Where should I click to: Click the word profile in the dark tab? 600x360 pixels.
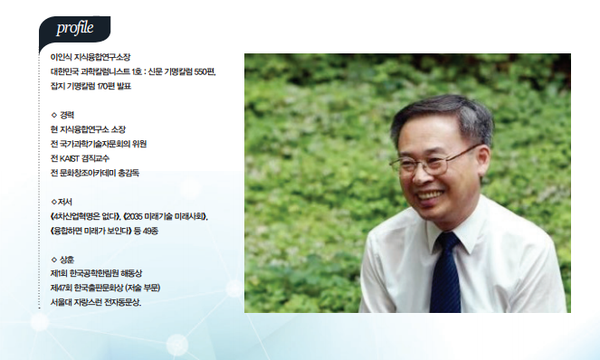(74, 28)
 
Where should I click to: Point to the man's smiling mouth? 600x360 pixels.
(431, 195)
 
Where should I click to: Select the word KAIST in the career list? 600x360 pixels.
(70, 158)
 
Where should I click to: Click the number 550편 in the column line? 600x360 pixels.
(205, 71)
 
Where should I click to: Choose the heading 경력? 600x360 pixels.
(67, 115)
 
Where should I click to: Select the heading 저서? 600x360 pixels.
(64, 202)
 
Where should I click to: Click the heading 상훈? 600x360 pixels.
(67, 260)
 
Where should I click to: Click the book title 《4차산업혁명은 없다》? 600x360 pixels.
(85, 216)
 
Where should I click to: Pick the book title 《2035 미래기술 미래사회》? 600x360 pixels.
(166, 216)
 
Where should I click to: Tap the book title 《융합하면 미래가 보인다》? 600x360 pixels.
(90, 231)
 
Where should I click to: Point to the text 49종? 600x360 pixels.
(150, 231)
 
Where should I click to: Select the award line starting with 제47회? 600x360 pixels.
(105, 288)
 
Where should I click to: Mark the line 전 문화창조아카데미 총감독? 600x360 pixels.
(95, 173)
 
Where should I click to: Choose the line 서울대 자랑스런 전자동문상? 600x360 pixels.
(96, 303)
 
